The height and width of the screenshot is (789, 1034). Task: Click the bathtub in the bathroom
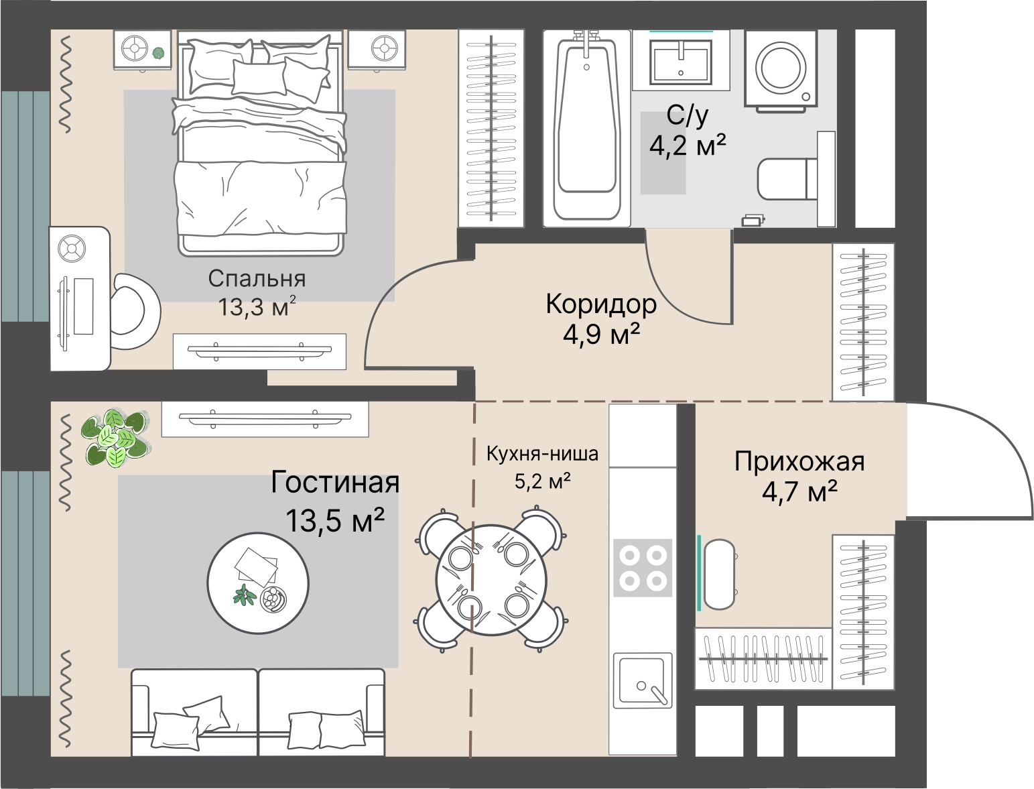coord(586,128)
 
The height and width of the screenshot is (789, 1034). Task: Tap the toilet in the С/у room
coord(787,179)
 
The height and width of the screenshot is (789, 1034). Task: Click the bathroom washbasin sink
coord(681,62)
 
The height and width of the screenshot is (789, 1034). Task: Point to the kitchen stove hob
coord(643,568)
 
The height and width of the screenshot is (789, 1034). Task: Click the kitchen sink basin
coord(643,679)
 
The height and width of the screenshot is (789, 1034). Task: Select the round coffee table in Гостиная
coord(258,583)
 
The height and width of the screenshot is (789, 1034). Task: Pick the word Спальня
coord(257,278)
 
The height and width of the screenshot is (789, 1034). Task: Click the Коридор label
coord(601,304)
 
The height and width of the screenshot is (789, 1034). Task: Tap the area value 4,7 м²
coord(799,491)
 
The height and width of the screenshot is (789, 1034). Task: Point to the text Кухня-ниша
coord(542,454)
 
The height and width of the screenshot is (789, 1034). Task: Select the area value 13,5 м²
coord(335,520)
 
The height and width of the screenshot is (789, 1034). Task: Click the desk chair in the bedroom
coord(134,311)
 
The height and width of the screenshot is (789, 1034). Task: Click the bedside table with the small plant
coord(142,50)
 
